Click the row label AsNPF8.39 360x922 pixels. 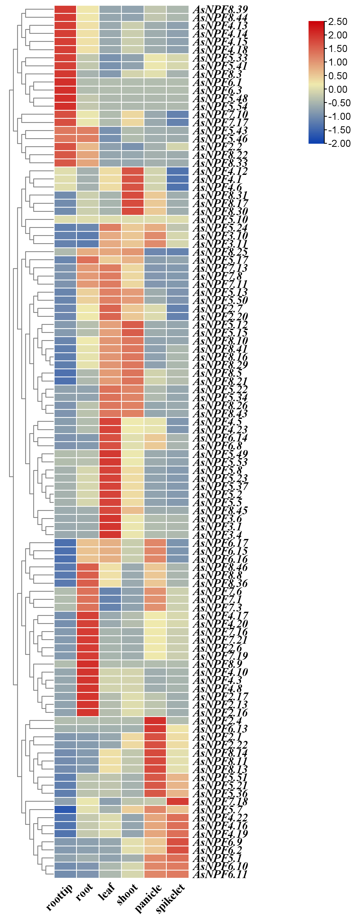[220, 10]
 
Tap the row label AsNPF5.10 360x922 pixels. [220, 219]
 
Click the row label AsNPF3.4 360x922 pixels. [217, 535]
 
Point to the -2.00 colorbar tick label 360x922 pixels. [338, 143]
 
